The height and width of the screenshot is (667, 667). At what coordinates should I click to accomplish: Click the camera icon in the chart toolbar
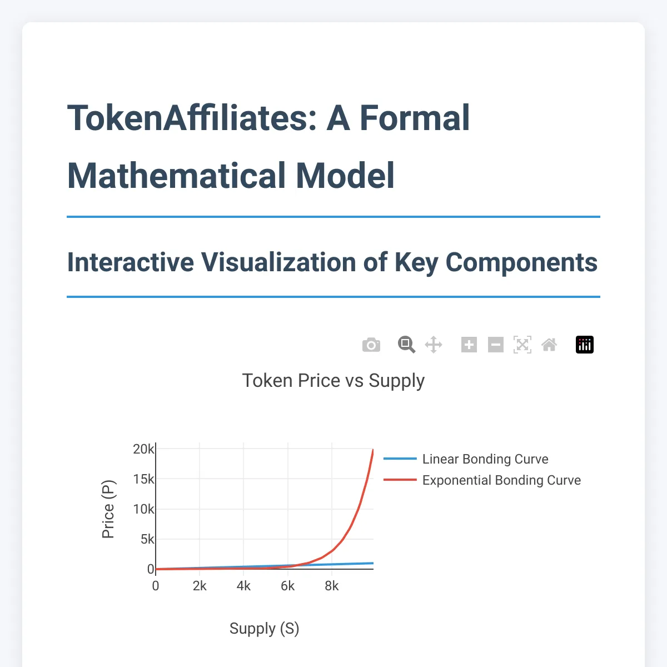click(371, 345)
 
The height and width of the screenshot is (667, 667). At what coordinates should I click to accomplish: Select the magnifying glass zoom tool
click(407, 345)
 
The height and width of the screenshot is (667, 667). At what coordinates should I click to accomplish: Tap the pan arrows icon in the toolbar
click(434, 345)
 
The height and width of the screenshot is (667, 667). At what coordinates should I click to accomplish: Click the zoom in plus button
click(469, 345)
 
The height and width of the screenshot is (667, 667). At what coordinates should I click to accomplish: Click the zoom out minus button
click(496, 345)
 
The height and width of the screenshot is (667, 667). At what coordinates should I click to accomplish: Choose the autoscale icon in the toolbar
click(522, 345)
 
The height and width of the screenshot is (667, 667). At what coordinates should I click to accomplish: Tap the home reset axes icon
click(549, 345)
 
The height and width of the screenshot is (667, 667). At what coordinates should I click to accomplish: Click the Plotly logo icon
click(585, 345)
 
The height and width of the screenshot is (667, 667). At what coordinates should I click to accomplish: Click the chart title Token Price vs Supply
click(333, 381)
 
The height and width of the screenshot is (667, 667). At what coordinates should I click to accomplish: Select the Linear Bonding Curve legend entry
click(485, 459)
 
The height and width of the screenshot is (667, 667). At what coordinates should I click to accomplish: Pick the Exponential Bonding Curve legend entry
click(501, 480)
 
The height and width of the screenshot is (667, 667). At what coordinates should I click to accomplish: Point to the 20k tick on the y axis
click(143, 449)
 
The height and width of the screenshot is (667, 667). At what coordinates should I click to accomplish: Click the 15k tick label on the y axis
click(143, 479)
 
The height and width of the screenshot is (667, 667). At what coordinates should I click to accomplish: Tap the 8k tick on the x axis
click(332, 586)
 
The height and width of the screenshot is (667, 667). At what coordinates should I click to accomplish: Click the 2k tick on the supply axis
click(200, 586)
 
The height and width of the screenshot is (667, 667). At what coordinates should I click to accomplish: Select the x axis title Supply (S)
click(265, 629)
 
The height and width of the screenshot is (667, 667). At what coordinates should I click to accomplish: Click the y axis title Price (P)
click(108, 509)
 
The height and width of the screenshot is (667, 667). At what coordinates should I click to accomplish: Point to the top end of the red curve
click(373, 450)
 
